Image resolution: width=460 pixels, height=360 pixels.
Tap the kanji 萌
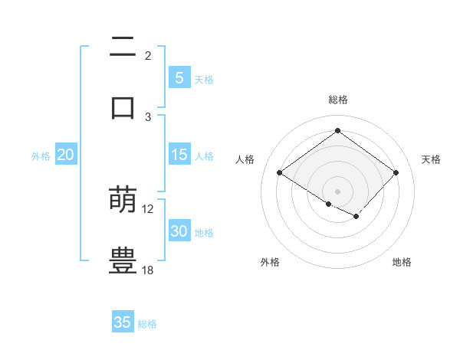click(x=123, y=200)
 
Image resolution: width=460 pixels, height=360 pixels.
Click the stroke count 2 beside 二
click(x=148, y=55)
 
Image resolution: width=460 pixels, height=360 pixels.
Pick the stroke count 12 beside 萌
click(x=148, y=208)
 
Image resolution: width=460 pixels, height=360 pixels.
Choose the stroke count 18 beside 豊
click(x=148, y=270)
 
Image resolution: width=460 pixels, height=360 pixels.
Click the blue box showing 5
click(x=179, y=77)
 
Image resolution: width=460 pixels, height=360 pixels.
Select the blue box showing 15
click(x=179, y=155)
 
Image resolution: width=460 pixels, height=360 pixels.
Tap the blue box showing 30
click(x=179, y=231)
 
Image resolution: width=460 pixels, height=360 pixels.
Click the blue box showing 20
click(x=65, y=155)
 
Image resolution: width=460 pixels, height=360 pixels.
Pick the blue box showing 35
click(x=123, y=322)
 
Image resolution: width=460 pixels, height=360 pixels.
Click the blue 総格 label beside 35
click(x=147, y=324)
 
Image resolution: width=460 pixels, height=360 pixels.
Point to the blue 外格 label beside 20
click(x=41, y=156)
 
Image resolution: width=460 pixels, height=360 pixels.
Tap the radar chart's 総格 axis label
click(x=338, y=100)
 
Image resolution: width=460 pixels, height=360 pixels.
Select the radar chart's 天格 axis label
click(x=432, y=159)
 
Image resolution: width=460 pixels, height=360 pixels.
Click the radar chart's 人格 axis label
click(x=245, y=159)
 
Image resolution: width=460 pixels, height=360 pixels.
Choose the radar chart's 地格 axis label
click(x=402, y=262)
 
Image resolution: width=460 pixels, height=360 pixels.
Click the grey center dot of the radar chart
click(x=337, y=191)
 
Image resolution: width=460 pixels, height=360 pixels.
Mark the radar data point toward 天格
click(x=396, y=173)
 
